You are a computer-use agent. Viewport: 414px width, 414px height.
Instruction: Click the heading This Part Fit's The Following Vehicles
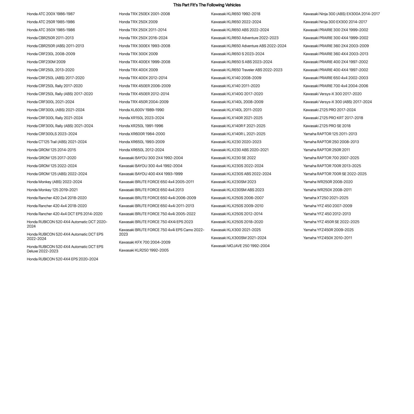click(207, 5)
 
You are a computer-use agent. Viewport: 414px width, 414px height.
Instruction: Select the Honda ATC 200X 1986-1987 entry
click(51, 14)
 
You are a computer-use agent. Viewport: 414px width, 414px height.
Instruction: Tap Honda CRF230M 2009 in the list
click(46, 62)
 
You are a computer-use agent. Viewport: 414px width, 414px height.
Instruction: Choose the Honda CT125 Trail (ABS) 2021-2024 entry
click(57, 142)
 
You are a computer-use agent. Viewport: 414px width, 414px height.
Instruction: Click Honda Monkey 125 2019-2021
click(52, 190)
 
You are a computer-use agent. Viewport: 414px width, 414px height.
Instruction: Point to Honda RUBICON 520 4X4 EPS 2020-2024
click(62, 259)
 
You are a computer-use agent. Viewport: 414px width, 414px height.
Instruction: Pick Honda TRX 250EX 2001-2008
click(144, 14)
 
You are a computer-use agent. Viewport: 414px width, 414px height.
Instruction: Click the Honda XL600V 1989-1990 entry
click(141, 110)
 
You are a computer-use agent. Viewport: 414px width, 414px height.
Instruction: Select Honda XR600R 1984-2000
click(142, 134)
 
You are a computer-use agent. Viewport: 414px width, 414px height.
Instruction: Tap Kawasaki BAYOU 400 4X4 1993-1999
click(151, 174)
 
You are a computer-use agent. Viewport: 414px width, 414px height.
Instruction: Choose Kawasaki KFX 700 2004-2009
click(145, 242)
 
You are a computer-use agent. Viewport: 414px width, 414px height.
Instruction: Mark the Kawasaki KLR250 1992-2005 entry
click(144, 250)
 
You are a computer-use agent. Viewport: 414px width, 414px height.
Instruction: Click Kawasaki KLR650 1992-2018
click(236, 14)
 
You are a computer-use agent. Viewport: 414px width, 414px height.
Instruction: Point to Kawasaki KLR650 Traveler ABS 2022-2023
click(247, 70)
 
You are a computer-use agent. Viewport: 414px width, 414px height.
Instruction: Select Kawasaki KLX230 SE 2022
click(233, 158)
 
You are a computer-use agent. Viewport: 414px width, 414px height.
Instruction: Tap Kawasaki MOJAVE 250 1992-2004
click(240, 246)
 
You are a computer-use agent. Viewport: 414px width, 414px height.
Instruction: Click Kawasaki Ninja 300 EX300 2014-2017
click(335, 22)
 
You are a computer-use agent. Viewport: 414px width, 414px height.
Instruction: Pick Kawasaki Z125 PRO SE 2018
click(327, 126)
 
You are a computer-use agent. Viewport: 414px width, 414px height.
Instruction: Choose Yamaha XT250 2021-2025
click(326, 198)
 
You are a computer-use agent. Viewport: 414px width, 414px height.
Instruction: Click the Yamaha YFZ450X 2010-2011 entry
click(328, 238)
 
